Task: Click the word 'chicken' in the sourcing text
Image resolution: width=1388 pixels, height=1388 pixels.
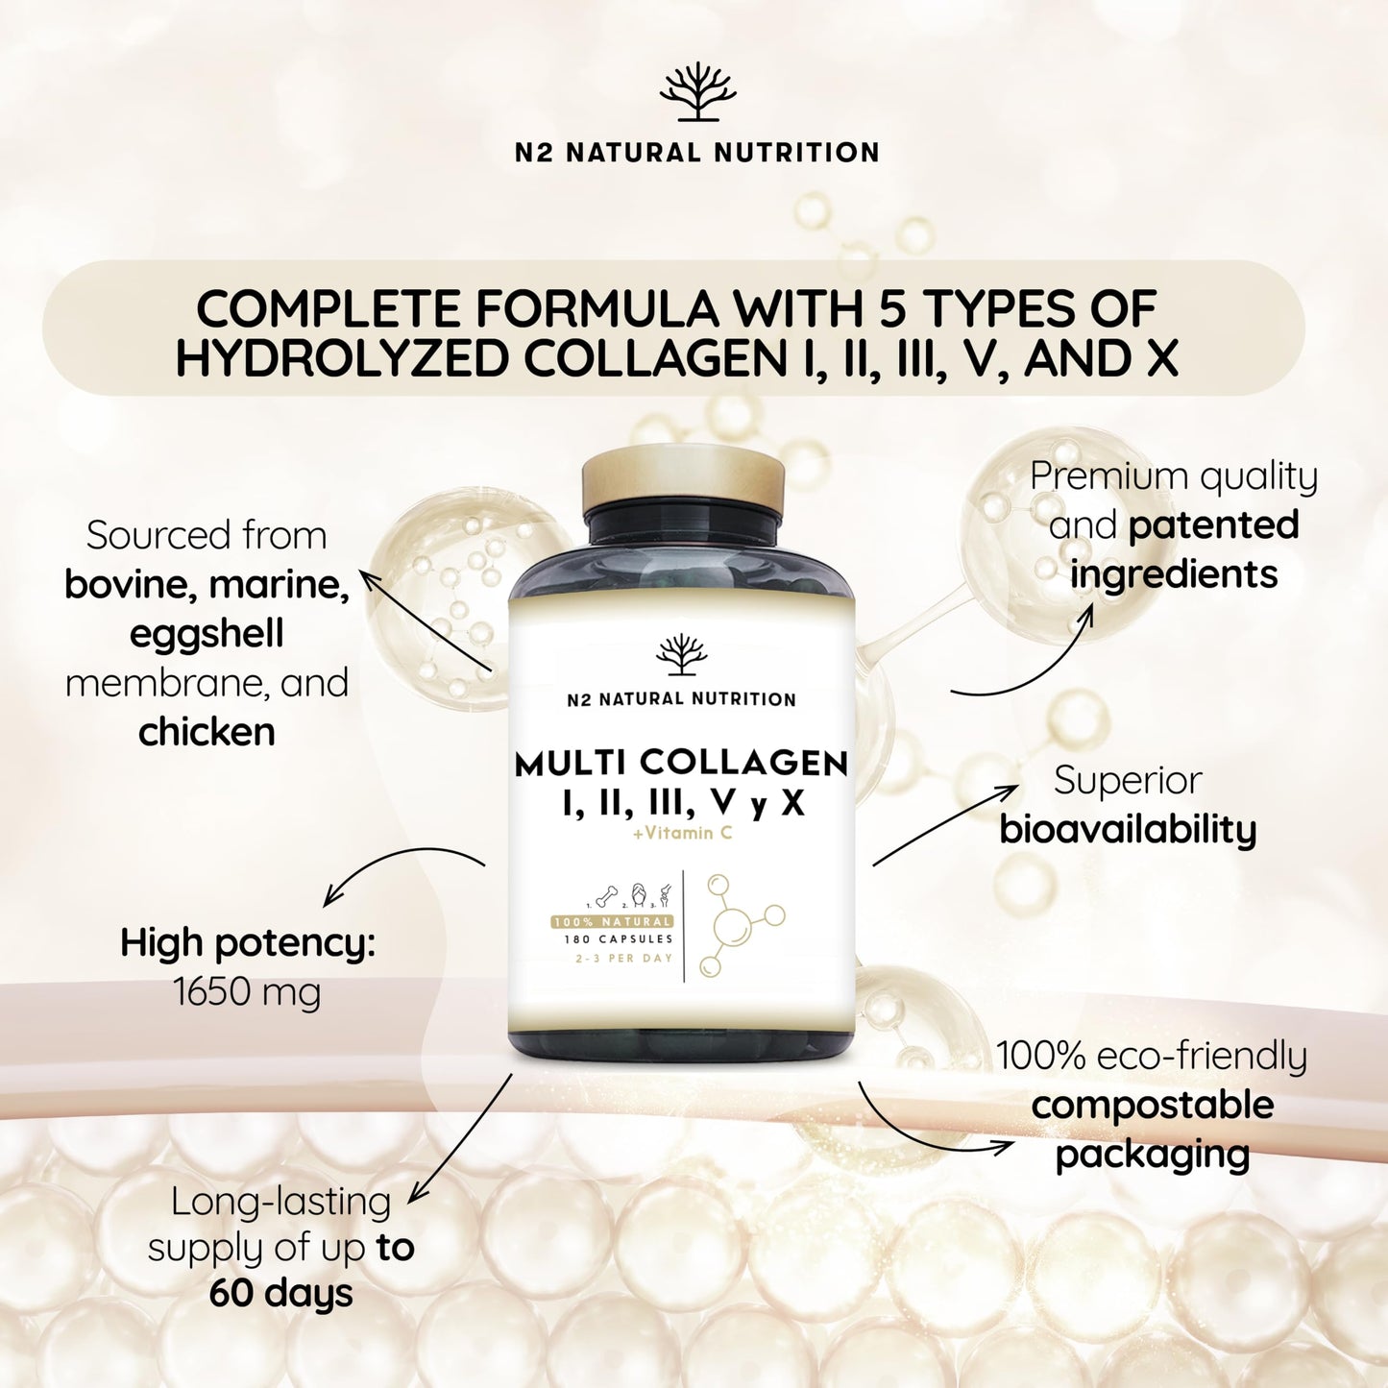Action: [x=207, y=733]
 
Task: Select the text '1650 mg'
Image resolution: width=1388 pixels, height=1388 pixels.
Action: [x=247, y=991]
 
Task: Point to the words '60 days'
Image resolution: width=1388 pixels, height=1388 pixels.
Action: [x=281, y=1293]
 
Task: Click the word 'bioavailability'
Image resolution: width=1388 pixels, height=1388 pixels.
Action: [x=1128, y=830]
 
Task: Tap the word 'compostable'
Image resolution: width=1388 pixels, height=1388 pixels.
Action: [x=1152, y=1105]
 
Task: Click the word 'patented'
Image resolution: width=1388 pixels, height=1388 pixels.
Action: [x=1213, y=525]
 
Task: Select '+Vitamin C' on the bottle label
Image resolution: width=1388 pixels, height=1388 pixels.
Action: [x=682, y=833]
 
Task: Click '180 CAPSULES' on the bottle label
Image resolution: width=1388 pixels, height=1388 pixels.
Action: [x=619, y=938]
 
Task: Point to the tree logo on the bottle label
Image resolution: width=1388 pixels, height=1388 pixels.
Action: [x=681, y=655]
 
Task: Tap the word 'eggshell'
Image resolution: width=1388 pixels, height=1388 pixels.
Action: [x=207, y=634]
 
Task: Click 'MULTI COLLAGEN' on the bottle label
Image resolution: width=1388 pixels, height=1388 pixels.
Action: [x=681, y=764]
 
